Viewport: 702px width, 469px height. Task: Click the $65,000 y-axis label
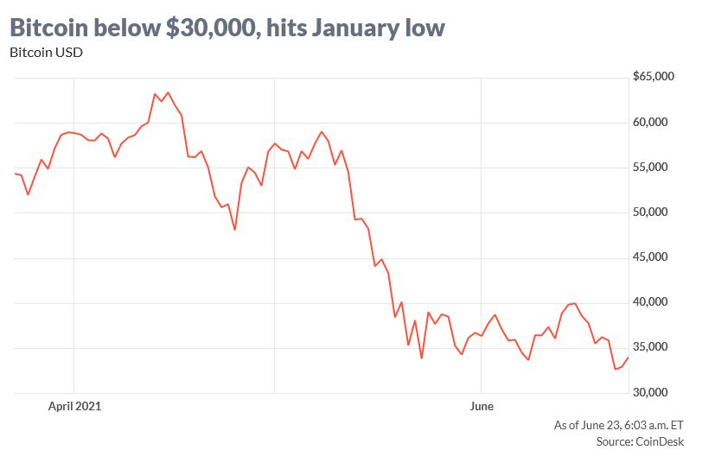coord(653,77)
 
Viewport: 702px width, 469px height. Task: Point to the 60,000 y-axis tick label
coord(654,123)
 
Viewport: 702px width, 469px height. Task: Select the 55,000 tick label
coord(654,168)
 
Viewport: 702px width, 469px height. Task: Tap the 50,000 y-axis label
coord(654,212)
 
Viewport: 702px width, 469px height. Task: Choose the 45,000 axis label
coord(654,257)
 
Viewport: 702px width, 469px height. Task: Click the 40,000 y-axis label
coord(654,302)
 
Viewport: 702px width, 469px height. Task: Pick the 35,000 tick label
coord(654,347)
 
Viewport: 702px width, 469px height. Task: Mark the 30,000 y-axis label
coord(654,392)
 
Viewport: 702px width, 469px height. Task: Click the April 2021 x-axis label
coord(75,405)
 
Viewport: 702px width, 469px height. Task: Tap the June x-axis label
coord(481,405)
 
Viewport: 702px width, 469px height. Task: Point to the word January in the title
coord(357,28)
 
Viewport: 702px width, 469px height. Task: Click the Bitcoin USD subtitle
coord(45,53)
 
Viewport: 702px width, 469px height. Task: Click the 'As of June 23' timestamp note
coord(619,425)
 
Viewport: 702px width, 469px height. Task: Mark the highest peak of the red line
coord(168,92)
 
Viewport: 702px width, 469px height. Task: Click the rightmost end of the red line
coord(629,357)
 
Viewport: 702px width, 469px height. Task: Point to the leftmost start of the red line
coord(16,174)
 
